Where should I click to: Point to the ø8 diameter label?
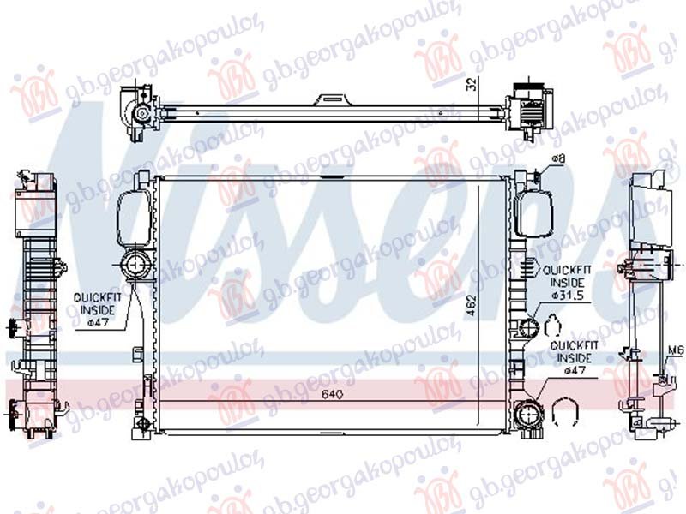pyautogui.click(x=558, y=159)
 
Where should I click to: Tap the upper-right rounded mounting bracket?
pyautogui.click(x=533, y=217)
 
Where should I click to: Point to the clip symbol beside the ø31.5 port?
pyautogui.click(x=554, y=325)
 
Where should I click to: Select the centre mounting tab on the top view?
pyautogui.click(x=329, y=100)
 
